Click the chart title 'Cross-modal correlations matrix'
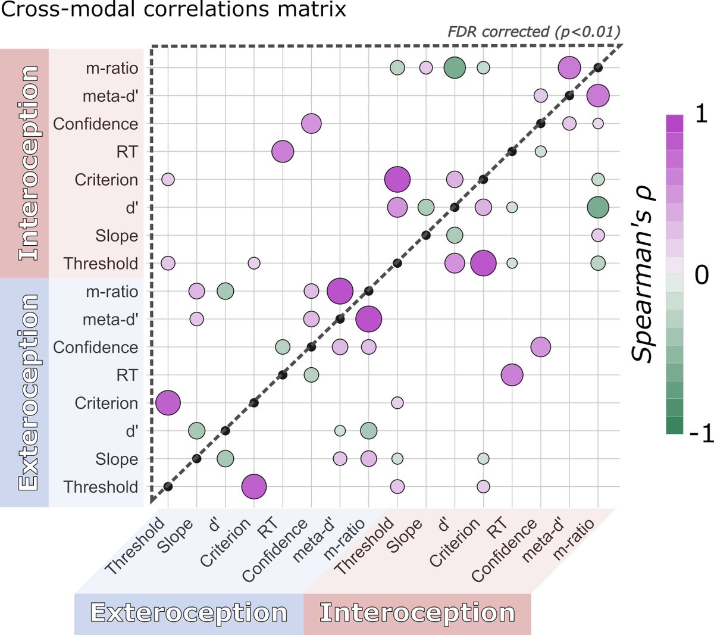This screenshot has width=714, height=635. (173, 10)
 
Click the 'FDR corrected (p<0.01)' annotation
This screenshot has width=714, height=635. (534, 31)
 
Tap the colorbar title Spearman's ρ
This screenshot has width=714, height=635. (643, 273)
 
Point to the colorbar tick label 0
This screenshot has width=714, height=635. (702, 275)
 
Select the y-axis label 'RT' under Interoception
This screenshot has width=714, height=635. (127, 152)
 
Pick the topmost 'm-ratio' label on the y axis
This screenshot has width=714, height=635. (112, 68)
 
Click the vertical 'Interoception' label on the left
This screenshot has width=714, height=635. (28, 164)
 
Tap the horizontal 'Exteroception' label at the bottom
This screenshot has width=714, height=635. (189, 613)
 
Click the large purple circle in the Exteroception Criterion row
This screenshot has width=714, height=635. (168, 403)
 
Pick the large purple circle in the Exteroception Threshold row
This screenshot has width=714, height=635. (254, 487)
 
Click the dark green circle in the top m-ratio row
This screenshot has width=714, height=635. (455, 68)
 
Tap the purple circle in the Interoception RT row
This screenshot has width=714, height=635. (283, 152)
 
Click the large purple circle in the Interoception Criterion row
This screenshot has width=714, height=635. (397, 179)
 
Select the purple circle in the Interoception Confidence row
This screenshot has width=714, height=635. (311, 124)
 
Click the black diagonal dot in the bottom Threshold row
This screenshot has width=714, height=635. (168, 487)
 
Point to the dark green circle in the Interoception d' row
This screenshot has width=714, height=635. (598, 207)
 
